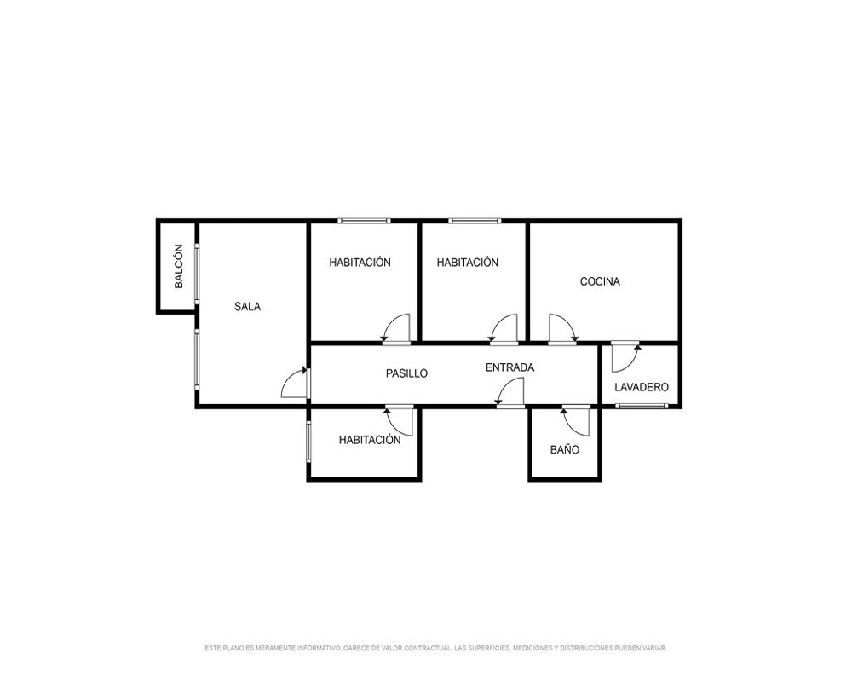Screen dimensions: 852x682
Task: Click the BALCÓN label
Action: coord(179,267)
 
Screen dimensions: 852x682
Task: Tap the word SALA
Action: coord(247,307)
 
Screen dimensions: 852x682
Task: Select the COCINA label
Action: coord(600,281)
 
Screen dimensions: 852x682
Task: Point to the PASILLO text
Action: coord(406,373)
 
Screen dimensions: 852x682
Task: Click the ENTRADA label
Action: coord(509,367)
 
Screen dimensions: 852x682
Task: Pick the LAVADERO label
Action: coord(642,387)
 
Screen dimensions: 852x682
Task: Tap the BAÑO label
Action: coord(565,450)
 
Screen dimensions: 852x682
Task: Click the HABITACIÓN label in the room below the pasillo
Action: coord(370,440)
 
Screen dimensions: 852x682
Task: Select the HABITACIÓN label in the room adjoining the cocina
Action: coord(467,262)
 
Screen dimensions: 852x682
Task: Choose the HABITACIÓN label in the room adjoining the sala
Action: coord(360,262)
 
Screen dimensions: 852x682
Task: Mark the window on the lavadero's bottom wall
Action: coord(642,406)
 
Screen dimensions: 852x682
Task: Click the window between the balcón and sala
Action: coord(197,273)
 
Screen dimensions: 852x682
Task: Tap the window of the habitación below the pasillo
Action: coord(308,442)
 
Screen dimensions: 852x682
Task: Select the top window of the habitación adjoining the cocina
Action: coord(475,220)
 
